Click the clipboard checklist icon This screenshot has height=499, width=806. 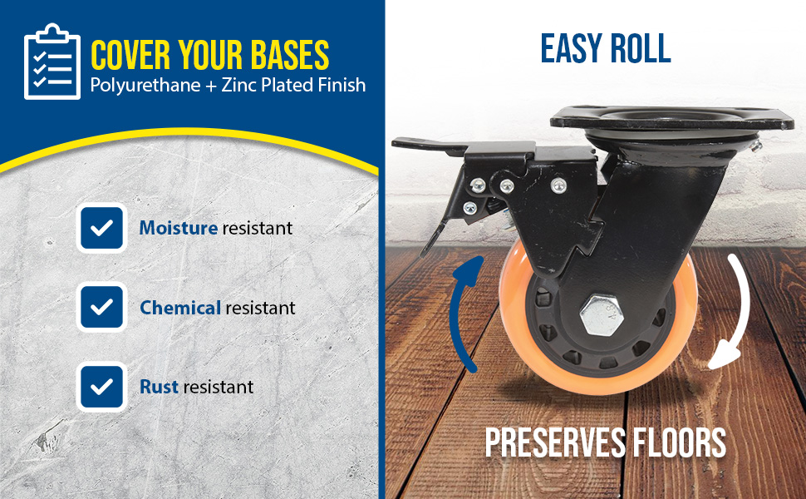click(x=52, y=62)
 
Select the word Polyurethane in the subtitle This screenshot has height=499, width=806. click(x=145, y=86)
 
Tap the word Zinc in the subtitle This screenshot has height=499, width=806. click(x=239, y=85)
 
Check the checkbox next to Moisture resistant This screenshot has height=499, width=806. click(x=101, y=228)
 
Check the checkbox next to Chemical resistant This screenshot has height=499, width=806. click(x=101, y=307)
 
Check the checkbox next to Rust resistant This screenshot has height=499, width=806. click(x=101, y=387)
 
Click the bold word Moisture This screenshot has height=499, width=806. click(x=179, y=228)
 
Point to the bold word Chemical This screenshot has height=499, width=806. click(x=180, y=308)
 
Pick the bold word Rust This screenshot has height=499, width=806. click(x=159, y=387)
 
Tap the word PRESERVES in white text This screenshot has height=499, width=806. click(x=555, y=442)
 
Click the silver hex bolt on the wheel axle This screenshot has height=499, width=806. click(x=602, y=315)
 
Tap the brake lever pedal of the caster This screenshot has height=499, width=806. click(x=426, y=146)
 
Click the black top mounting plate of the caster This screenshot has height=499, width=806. click(x=671, y=118)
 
